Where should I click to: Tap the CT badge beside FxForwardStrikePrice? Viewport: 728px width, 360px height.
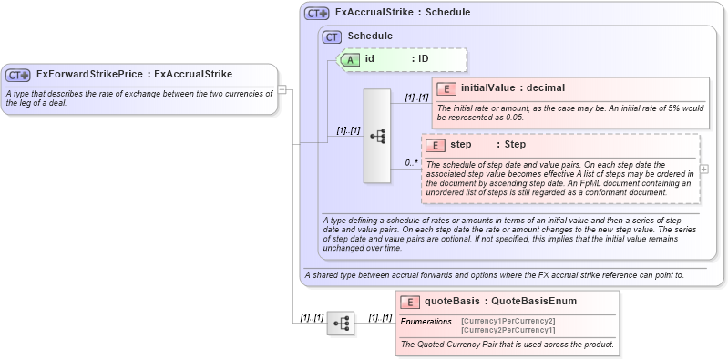tap(18, 75)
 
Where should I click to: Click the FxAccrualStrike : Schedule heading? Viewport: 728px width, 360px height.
tap(402, 14)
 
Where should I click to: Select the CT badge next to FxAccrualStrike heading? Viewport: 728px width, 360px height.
tap(316, 14)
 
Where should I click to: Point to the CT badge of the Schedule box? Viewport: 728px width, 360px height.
tap(333, 36)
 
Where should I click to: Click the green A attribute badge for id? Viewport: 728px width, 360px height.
tap(350, 59)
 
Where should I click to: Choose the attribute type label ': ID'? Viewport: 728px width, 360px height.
tap(420, 59)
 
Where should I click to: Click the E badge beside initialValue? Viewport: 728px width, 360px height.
tap(446, 88)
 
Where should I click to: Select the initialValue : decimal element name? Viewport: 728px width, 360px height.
tap(513, 88)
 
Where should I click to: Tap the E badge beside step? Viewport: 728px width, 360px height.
tap(436, 145)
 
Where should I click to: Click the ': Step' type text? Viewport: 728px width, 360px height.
tap(511, 145)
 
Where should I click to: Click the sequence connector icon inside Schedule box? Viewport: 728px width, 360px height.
tap(377, 136)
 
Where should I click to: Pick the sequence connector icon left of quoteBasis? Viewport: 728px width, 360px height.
tap(340, 323)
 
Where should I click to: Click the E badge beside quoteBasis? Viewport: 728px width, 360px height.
tap(410, 302)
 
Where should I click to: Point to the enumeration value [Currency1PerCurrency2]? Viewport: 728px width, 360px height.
tap(508, 321)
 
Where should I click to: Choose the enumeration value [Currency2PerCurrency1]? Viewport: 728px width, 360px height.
tap(508, 329)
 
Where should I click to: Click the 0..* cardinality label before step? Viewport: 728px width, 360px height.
tap(411, 162)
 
